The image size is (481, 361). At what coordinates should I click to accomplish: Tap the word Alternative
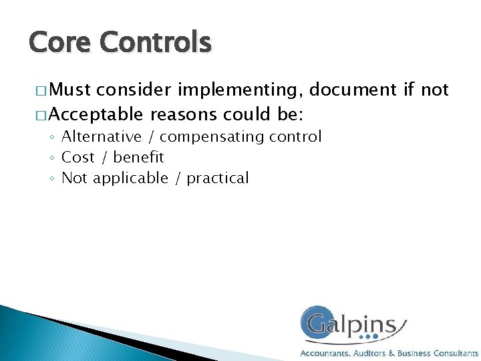pos(102,137)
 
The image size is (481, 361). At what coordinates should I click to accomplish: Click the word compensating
pos(212,138)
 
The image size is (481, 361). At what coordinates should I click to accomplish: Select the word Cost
pos(78,157)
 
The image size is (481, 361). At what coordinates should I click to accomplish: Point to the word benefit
pos(139,157)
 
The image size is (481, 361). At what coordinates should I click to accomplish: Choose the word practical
pos(218,178)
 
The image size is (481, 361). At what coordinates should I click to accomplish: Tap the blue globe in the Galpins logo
pos(317,324)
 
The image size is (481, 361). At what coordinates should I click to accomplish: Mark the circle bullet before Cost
pos(52,158)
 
